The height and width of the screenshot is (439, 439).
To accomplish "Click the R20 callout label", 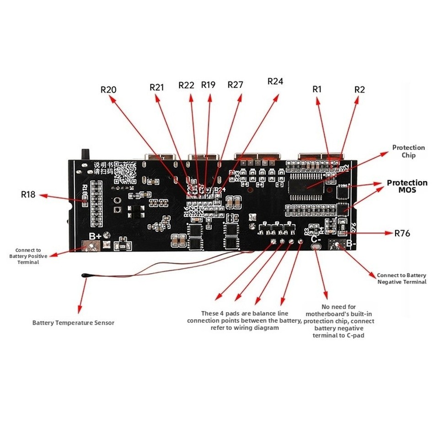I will pyautogui.click(x=108, y=90).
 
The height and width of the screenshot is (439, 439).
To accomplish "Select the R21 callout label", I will pyautogui.click(x=157, y=87).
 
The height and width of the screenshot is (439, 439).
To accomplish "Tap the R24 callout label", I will pyautogui.click(x=275, y=81).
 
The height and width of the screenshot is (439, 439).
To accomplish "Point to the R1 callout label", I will pyautogui.click(x=317, y=89).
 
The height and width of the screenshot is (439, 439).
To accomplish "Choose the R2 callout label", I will pyautogui.click(x=360, y=89).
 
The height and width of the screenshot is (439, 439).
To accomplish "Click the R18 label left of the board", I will pyautogui.click(x=28, y=194).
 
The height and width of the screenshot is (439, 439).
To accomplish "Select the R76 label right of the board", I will pyautogui.click(x=402, y=233).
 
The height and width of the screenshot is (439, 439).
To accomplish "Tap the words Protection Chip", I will pyautogui.click(x=408, y=151).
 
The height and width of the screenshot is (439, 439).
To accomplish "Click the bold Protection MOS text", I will pyautogui.click(x=407, y=186).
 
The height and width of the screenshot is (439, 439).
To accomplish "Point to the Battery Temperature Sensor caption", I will pyautogui.click(x=73, y=323).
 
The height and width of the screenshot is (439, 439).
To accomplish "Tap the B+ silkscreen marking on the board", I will pyautogui.click(x=95, y=236).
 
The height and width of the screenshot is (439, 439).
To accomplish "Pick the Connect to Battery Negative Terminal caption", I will pyautogui.click(x=402, y=278).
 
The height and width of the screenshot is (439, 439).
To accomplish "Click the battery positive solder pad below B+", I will pyautogui.click(x=91, y=247).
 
